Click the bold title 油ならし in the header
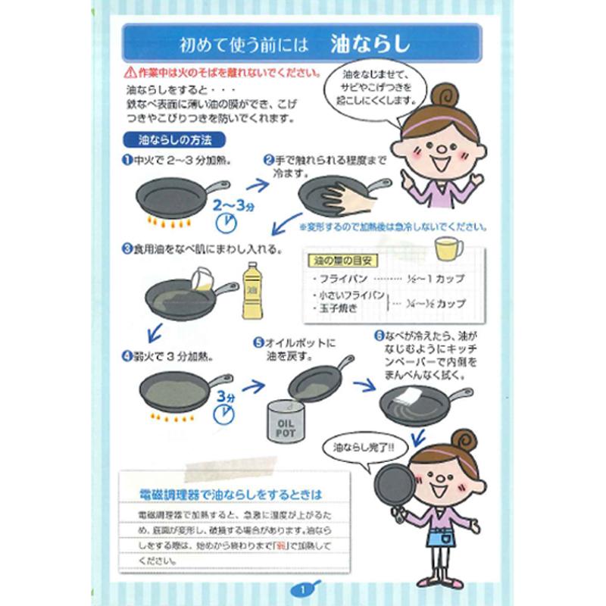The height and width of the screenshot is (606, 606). click(x=370, y=44)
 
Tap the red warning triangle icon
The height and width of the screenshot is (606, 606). click(x=130, y=73)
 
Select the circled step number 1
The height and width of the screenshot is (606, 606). click(x=127, y=161)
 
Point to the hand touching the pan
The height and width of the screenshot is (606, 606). click(x=347, y=198)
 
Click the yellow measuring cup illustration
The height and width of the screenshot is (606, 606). click(x=448, y=248)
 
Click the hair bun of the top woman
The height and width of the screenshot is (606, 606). click(x=445, y=95)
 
